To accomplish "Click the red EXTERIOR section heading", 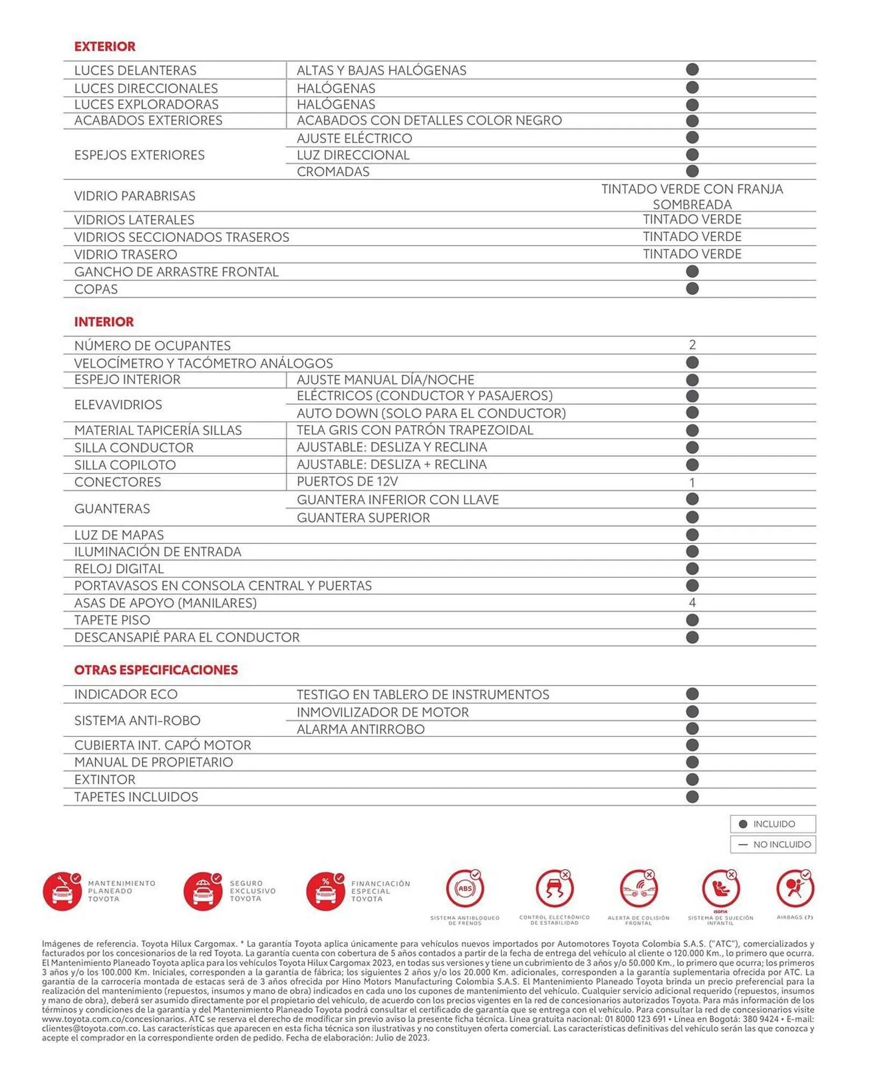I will tap(105, 46).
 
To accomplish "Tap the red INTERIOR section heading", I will tap(104, 321).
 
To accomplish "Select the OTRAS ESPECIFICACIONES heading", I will tap(156, 670).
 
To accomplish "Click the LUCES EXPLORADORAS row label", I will tap(146, 104).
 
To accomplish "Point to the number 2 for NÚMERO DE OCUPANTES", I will tap(692, 345).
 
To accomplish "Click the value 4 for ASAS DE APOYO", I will tap(692, 603).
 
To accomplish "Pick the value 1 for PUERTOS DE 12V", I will tap(692, 482).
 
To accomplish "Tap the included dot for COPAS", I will tap(692, 289).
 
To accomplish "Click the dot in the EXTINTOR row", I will tap(692, 779).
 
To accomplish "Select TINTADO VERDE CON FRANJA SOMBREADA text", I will tap(692, 196).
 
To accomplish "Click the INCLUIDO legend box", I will tap(773, 824).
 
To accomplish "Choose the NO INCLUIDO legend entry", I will tap(773, 844).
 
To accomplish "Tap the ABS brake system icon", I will tap(465, 889).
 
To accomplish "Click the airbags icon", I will tap(794, 889).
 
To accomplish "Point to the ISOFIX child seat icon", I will tap(720, 889).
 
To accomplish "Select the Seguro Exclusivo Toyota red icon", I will tap(203, 891).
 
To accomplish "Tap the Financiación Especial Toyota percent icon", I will tap(325, 891).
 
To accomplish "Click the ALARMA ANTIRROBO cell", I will tap(361, 729).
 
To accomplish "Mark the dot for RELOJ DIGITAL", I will tap(692, 569).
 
